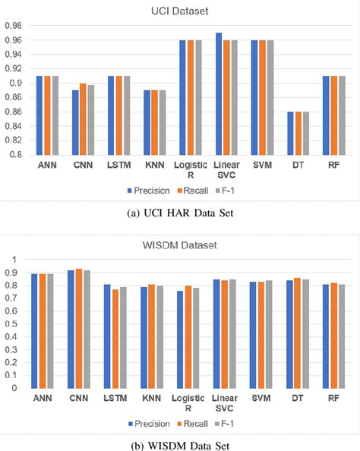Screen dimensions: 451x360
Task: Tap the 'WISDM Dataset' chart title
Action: point(180,246)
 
